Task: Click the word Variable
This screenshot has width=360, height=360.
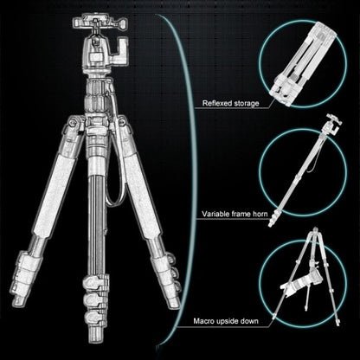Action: click(x=216, y=214)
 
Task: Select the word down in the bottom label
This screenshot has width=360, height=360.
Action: click(x=268, y=322)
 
